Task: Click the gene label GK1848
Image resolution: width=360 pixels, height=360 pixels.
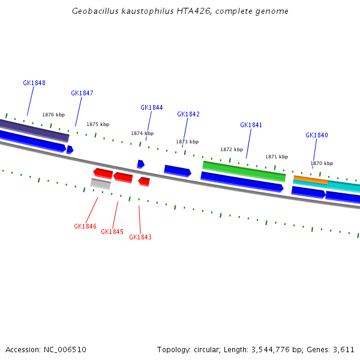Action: tap(34, 83)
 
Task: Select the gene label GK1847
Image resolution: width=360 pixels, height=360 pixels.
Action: tap(82, 93)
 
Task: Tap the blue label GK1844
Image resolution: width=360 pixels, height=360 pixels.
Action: tap(152, 107)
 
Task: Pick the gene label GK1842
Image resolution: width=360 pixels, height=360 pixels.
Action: tap(188, 114)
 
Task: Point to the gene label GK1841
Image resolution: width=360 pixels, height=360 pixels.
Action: tap(251, 125)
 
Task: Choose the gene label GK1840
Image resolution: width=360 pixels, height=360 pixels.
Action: tap(317, 135)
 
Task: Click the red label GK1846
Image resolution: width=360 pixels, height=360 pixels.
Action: tap(85, 226)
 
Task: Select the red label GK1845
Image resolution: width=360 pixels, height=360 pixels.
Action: tap(112, 232)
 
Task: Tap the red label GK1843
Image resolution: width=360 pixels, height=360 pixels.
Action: tap(140, 237)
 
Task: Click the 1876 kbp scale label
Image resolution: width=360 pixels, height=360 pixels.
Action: tap(53, 115)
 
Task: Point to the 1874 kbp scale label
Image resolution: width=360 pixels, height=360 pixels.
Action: tap(142, 133)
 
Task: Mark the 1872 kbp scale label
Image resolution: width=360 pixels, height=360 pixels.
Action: tap(232, 149)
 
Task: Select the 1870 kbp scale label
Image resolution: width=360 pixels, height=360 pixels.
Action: tap(322, 163)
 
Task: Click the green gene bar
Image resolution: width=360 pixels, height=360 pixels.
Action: tap(244, 170)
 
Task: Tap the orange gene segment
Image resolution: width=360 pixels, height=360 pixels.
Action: tap(310, 179)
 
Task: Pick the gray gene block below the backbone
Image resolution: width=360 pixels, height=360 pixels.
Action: tap(100, 184)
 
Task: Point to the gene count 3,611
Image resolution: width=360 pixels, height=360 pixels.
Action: tap(344, 349)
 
